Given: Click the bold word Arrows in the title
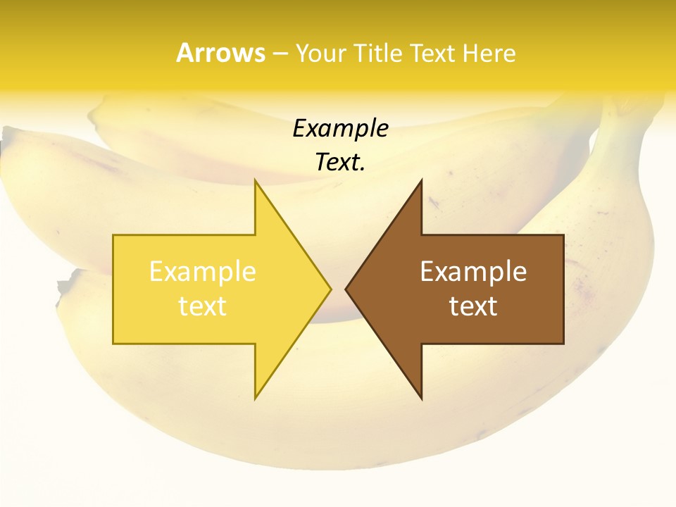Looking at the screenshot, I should (x=220, y=53).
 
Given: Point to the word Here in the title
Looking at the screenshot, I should (x=489, y=54).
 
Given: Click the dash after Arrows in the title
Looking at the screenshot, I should (x=280, y=54).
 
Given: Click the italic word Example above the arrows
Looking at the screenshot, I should (x=340, y=129).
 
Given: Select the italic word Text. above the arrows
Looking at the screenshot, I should (x=340, y=163).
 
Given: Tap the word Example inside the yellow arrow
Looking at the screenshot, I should (x=203, y=272).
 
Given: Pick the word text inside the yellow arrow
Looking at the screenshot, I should (x=203, y=306).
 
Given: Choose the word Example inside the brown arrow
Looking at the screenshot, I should (x=473, y=272).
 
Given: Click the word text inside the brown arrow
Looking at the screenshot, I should (x=473, y=306).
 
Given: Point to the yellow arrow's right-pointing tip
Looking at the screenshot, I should (x=330, y=289).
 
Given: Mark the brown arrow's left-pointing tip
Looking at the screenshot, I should (x=346, y=289).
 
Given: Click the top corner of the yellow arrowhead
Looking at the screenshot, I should (x=256, y=182).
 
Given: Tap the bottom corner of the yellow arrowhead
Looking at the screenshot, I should (x=256, y=397).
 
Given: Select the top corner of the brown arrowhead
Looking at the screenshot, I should (x=421, y=182).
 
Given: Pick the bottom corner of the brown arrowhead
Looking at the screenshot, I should (x=421, y=397).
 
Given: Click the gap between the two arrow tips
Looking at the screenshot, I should (x=338, y=289).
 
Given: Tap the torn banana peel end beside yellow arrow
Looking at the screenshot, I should (x=65, y=287).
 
